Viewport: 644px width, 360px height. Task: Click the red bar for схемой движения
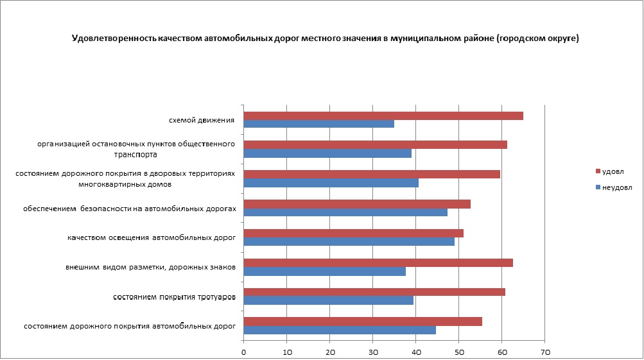point(383,116)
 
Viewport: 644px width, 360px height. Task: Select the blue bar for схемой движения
point(319,124)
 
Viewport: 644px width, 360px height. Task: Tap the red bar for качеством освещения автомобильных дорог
point(353,233)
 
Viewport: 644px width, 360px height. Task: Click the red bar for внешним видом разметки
point(378,262)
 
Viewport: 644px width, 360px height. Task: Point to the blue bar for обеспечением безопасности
point(345,212)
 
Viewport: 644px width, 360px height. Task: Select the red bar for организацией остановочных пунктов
point(376,144)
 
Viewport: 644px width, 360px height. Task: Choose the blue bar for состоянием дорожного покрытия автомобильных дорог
point(340,330)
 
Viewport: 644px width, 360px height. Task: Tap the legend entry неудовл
point(618,187)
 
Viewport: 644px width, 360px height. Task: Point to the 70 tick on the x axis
point(545,352)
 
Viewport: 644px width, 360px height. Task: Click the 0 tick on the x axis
point(244,352)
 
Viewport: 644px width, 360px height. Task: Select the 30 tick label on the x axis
point(373,352)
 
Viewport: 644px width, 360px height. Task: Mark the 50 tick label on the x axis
point(459,352)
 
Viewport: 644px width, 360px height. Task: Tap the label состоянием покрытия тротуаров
point(174,297)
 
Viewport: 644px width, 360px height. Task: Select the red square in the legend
point(598,171)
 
